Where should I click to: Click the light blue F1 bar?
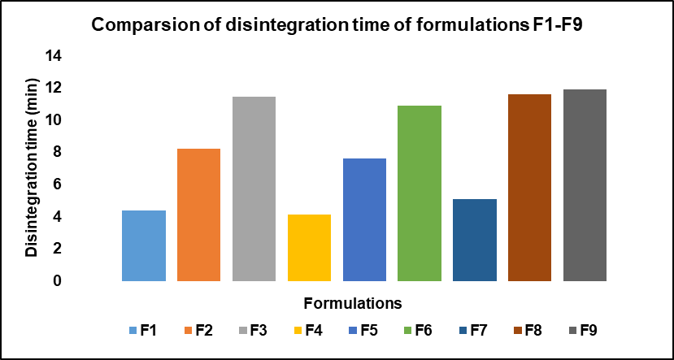pyautogui.click(x=143, y=246)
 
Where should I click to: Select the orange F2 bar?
pyautogui.click(x=198, y=215)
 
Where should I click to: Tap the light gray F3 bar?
pyautogui.click(x=254, y=189)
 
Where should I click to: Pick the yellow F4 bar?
pyautogui.click(x=309, y=248)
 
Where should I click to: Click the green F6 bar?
pyautogui.click(x=420, y=193)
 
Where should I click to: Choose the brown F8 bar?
pyautogui.click(x=530, y=188)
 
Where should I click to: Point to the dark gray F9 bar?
pyautogui.click(x=585, y=185)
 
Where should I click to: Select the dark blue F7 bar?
pyautogui.click(x=475, y=241)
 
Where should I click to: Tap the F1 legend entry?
pyautogui.click(x=141, y=330)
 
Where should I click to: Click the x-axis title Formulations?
pyautogui.click(x=354, y=304)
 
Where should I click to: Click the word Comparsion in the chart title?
pyautogui.click(x=140, y=24)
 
